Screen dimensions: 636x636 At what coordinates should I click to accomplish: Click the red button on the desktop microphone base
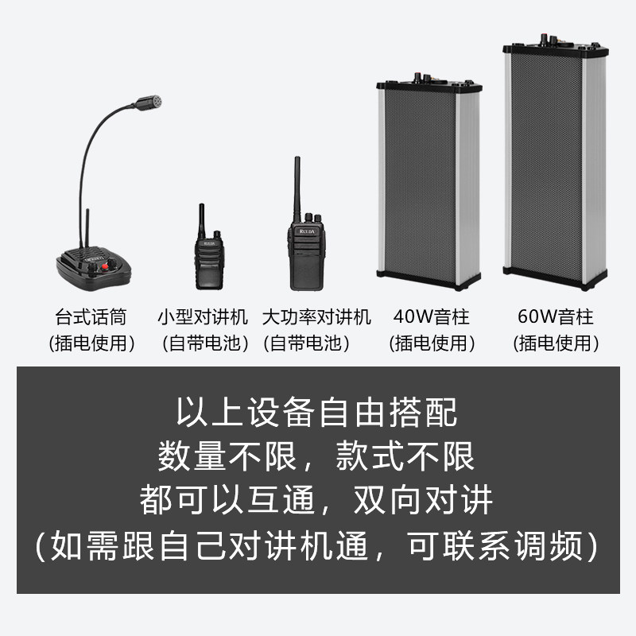click(x=105, y=266)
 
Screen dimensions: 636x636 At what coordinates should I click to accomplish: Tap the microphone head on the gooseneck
click(x=149, y=103)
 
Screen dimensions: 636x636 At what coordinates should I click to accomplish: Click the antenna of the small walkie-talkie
click(x=201, y=221)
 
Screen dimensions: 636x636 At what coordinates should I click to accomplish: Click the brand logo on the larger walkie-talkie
click(x=307, y=231)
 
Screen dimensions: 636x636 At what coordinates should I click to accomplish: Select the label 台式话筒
click(x=91, y=316)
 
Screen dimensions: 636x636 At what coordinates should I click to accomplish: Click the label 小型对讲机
click(x=203, y=316)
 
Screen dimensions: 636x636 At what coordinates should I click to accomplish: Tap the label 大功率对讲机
click(x=316, y=316)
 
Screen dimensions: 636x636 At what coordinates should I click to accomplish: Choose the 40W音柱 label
click(x=431, y=316)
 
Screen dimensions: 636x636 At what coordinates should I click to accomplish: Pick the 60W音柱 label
click(x=556, y=316)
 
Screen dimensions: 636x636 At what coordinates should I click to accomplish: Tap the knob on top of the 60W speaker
click(x=545, y=40)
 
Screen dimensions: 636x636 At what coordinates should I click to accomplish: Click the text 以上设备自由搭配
click(x=316, y=412)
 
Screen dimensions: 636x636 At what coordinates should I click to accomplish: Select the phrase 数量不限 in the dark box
click(x=227, y=456)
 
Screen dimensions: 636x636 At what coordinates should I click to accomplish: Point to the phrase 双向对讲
click(x=424, y=500)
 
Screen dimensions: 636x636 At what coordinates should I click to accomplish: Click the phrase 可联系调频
click(x=495, y=545)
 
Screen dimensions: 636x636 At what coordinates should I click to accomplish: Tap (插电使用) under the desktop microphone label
click(x=91, y=343)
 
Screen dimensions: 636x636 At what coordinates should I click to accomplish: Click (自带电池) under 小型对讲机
click(x=205, y=343)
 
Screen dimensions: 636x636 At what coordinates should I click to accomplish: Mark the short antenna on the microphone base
click(x=87, y=228)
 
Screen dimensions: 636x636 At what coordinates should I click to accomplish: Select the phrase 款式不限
click(x=405, y=456)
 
